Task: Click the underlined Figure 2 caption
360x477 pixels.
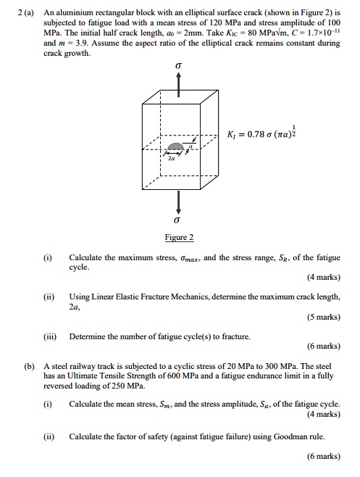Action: pos(179,237)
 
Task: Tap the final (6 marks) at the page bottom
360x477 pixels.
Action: pos(322,456)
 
